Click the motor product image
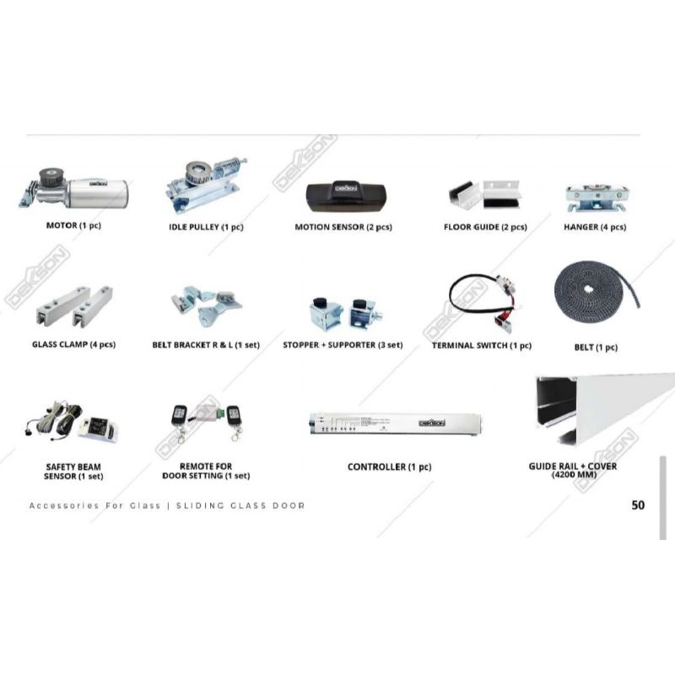pyautogui.click(x=74, y=190)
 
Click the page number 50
pyautogui.click(x=638, y=505)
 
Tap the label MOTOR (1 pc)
pyautogui.click(x=73, y=226)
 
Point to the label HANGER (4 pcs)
pyautogui.click(x=595, y=227)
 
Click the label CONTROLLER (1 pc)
pyautogui.click(x=389, y=467)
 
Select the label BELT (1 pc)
pyautogui.click(x=595, y=348)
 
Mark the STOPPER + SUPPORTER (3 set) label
pyautogui.click(x=343, y=345)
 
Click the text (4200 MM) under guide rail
pyautogui.click(x=584, y=475)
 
